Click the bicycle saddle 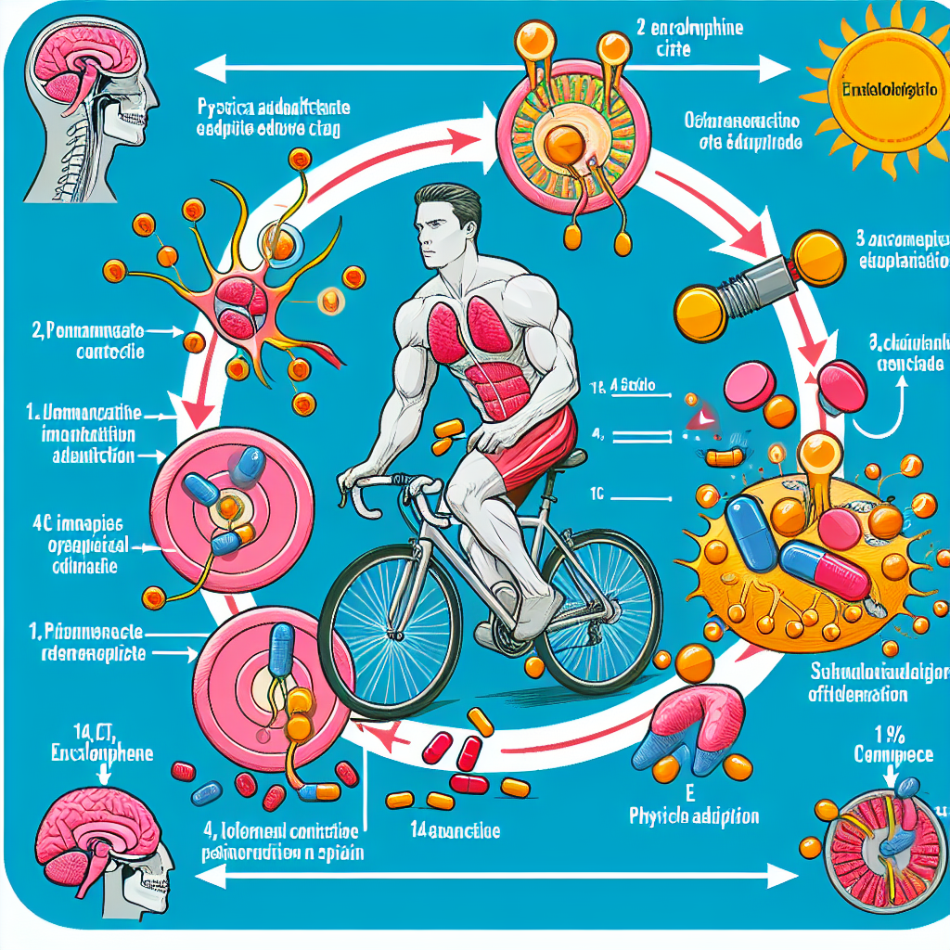(x=568, y=457)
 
